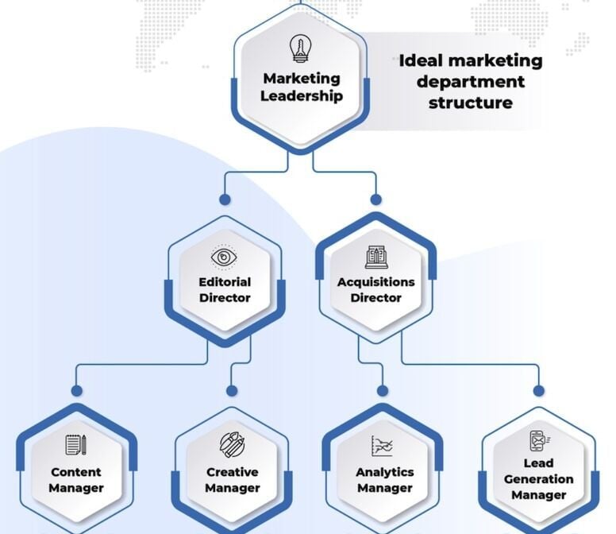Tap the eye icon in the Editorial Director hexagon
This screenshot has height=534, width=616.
(225, 257)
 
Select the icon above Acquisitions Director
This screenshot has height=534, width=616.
(376, 257)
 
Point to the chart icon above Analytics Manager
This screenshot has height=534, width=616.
(383, 446)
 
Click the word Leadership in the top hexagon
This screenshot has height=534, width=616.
(302, 96)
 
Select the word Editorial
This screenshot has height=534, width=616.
(225, 281)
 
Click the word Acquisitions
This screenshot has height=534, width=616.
(376, 281)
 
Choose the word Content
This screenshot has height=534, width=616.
(76, 471)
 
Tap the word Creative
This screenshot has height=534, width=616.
(232, 471)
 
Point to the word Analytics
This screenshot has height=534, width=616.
(383, 471)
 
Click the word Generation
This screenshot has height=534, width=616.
(538, 479)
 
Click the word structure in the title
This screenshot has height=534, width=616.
(470, 103)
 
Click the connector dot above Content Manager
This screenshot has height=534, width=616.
(76, 390)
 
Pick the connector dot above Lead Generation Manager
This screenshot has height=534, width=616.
(539, 390)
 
